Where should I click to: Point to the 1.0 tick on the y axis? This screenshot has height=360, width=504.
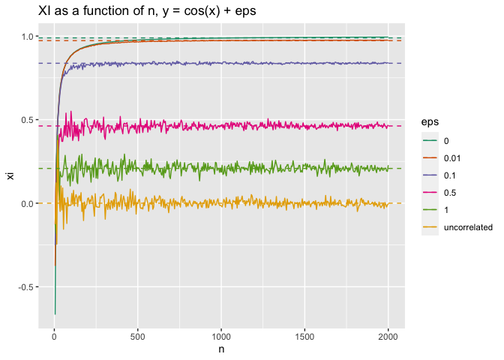click(26, 37)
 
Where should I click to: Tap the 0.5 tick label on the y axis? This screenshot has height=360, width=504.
click(26, 120)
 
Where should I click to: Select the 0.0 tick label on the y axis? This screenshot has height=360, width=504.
click(26, 204)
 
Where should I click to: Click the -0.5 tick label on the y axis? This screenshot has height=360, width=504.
click(25, 287)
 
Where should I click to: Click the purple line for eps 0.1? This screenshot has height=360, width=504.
click(225, 63)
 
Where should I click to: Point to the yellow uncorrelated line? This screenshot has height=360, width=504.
click(225, 202)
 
